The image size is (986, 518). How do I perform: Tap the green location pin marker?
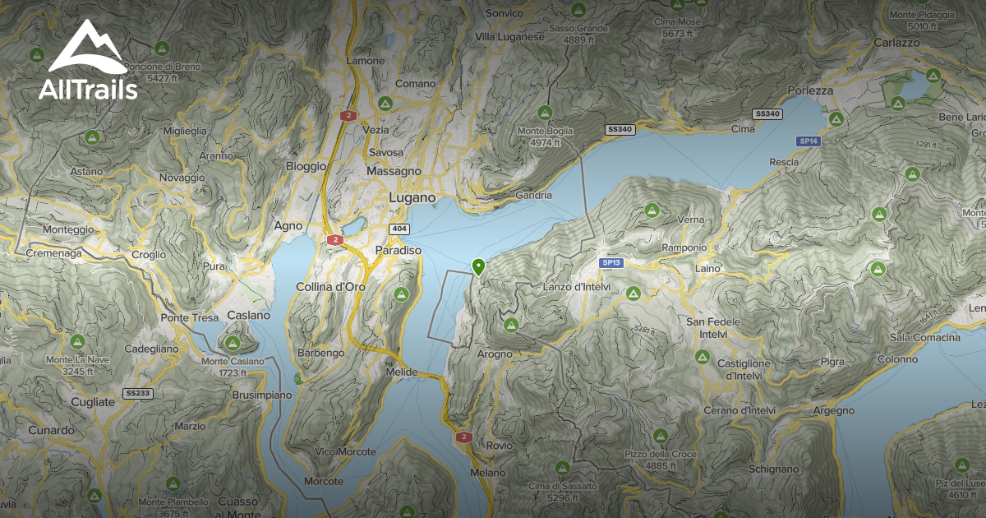(478, 266)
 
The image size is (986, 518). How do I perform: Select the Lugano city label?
(412, 198)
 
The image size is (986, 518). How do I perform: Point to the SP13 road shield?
(610, 262)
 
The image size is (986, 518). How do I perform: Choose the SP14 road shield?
(809, 141)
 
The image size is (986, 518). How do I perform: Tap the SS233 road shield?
(137, 393)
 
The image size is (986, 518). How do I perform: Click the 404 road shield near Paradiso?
(399, 228)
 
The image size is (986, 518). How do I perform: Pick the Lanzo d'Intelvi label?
(575, 287)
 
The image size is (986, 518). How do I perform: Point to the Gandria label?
(533, 195)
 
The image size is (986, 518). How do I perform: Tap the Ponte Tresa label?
(190, 317)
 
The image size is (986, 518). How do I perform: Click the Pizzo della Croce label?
(660, 454)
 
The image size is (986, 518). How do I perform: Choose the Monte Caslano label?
(233, 361)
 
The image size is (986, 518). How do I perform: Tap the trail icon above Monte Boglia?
(544, 112)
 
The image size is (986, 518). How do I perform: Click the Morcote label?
(323, 480)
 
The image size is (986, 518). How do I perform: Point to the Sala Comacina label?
(925, 338)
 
